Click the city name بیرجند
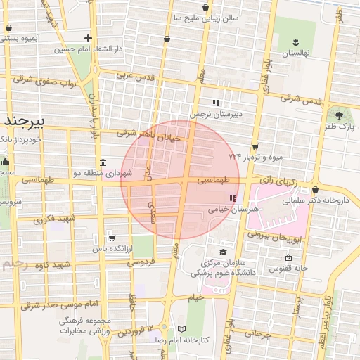tap(24, 122)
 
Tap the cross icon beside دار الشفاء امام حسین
tap(88, 38)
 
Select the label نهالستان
tap(296, 53)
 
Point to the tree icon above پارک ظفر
tap(341, 113)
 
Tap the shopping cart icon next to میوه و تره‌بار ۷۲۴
tap(265, 146)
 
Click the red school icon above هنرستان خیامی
tap(233, 198)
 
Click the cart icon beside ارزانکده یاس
tap(112, 238)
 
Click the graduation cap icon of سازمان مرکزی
tap(223, 252)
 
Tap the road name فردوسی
tap(141, 262)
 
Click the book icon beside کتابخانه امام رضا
tap(182, 329)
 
